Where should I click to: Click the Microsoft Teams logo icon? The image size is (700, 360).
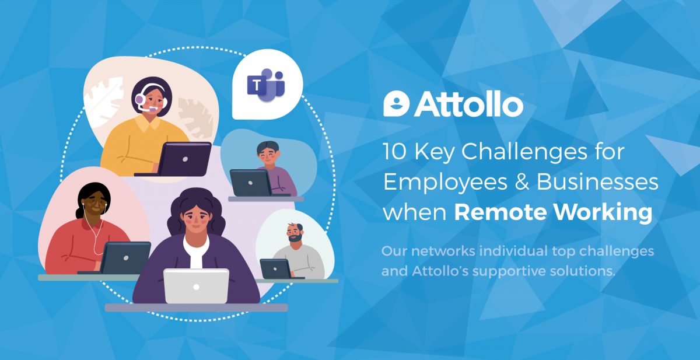266,85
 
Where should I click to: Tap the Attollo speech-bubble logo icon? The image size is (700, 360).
396,104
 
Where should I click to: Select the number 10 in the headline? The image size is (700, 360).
395,152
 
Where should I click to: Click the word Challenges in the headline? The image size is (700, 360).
524,152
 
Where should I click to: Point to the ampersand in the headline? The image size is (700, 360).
522,182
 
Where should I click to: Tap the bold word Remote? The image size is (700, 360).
501,212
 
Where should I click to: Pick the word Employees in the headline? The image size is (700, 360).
445,183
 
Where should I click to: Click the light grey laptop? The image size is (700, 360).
196,286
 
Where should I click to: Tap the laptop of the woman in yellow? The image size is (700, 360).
184,159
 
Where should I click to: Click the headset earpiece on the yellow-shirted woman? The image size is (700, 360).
139,99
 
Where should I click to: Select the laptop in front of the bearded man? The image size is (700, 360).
275,269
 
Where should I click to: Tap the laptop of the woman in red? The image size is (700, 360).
125,258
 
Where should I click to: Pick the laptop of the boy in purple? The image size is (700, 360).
250,183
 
